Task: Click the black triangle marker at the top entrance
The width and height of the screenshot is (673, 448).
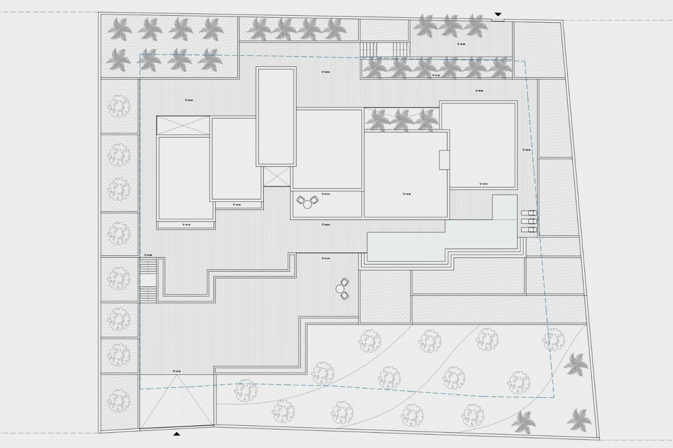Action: click(498, 14)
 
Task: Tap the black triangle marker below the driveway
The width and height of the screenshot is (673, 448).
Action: click(177, 434)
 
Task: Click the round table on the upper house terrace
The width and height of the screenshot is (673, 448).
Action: click(307, 204)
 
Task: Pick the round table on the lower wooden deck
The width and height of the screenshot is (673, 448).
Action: click(340, 289)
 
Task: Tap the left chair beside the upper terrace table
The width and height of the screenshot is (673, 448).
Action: click(301, 200)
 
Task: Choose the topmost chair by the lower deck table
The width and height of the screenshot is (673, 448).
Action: click(345, 282)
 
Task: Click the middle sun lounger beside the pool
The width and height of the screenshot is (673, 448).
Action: click(529, 221)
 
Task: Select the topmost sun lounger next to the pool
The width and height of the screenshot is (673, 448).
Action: click(529, 213)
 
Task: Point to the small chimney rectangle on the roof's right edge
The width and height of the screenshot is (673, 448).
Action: click(444, 160)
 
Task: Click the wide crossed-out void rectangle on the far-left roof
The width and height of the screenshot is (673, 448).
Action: click(183, 126)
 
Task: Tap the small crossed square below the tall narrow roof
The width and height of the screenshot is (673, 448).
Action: click(277, 177)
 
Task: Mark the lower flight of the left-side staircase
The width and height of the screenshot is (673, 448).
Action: click(148, 294)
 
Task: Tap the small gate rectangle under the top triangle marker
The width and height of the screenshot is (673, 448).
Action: click(498, 20)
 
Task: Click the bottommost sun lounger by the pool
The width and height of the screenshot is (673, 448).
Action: click(529, 230)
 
